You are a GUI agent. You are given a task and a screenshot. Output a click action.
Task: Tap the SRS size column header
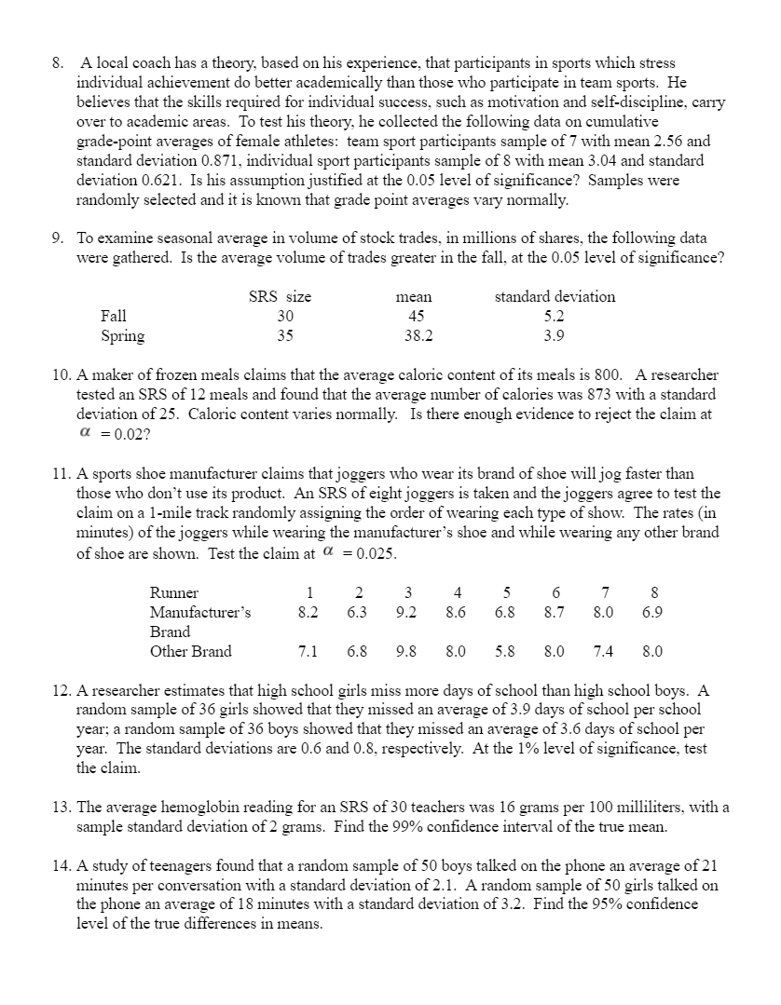click(x=280, y=296)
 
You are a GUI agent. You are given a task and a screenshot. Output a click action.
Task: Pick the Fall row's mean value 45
click(x=413, y=316)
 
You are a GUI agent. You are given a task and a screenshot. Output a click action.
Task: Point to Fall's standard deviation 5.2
click(x=554, y=316)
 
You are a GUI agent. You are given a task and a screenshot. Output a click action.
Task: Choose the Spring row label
click(x=122, y=335)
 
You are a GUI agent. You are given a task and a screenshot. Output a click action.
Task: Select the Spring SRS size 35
click(x=285, y=335)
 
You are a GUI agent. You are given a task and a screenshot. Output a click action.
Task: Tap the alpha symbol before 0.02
click(x=86, y=432)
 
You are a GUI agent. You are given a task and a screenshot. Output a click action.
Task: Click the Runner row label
click(x=173, y=593)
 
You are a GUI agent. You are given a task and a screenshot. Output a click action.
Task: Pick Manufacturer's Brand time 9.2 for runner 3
click(x=405, y=612)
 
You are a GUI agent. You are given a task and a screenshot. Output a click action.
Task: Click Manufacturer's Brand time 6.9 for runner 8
click(x=652, y=612)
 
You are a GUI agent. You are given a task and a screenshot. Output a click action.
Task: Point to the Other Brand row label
click(x=190, y=651)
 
